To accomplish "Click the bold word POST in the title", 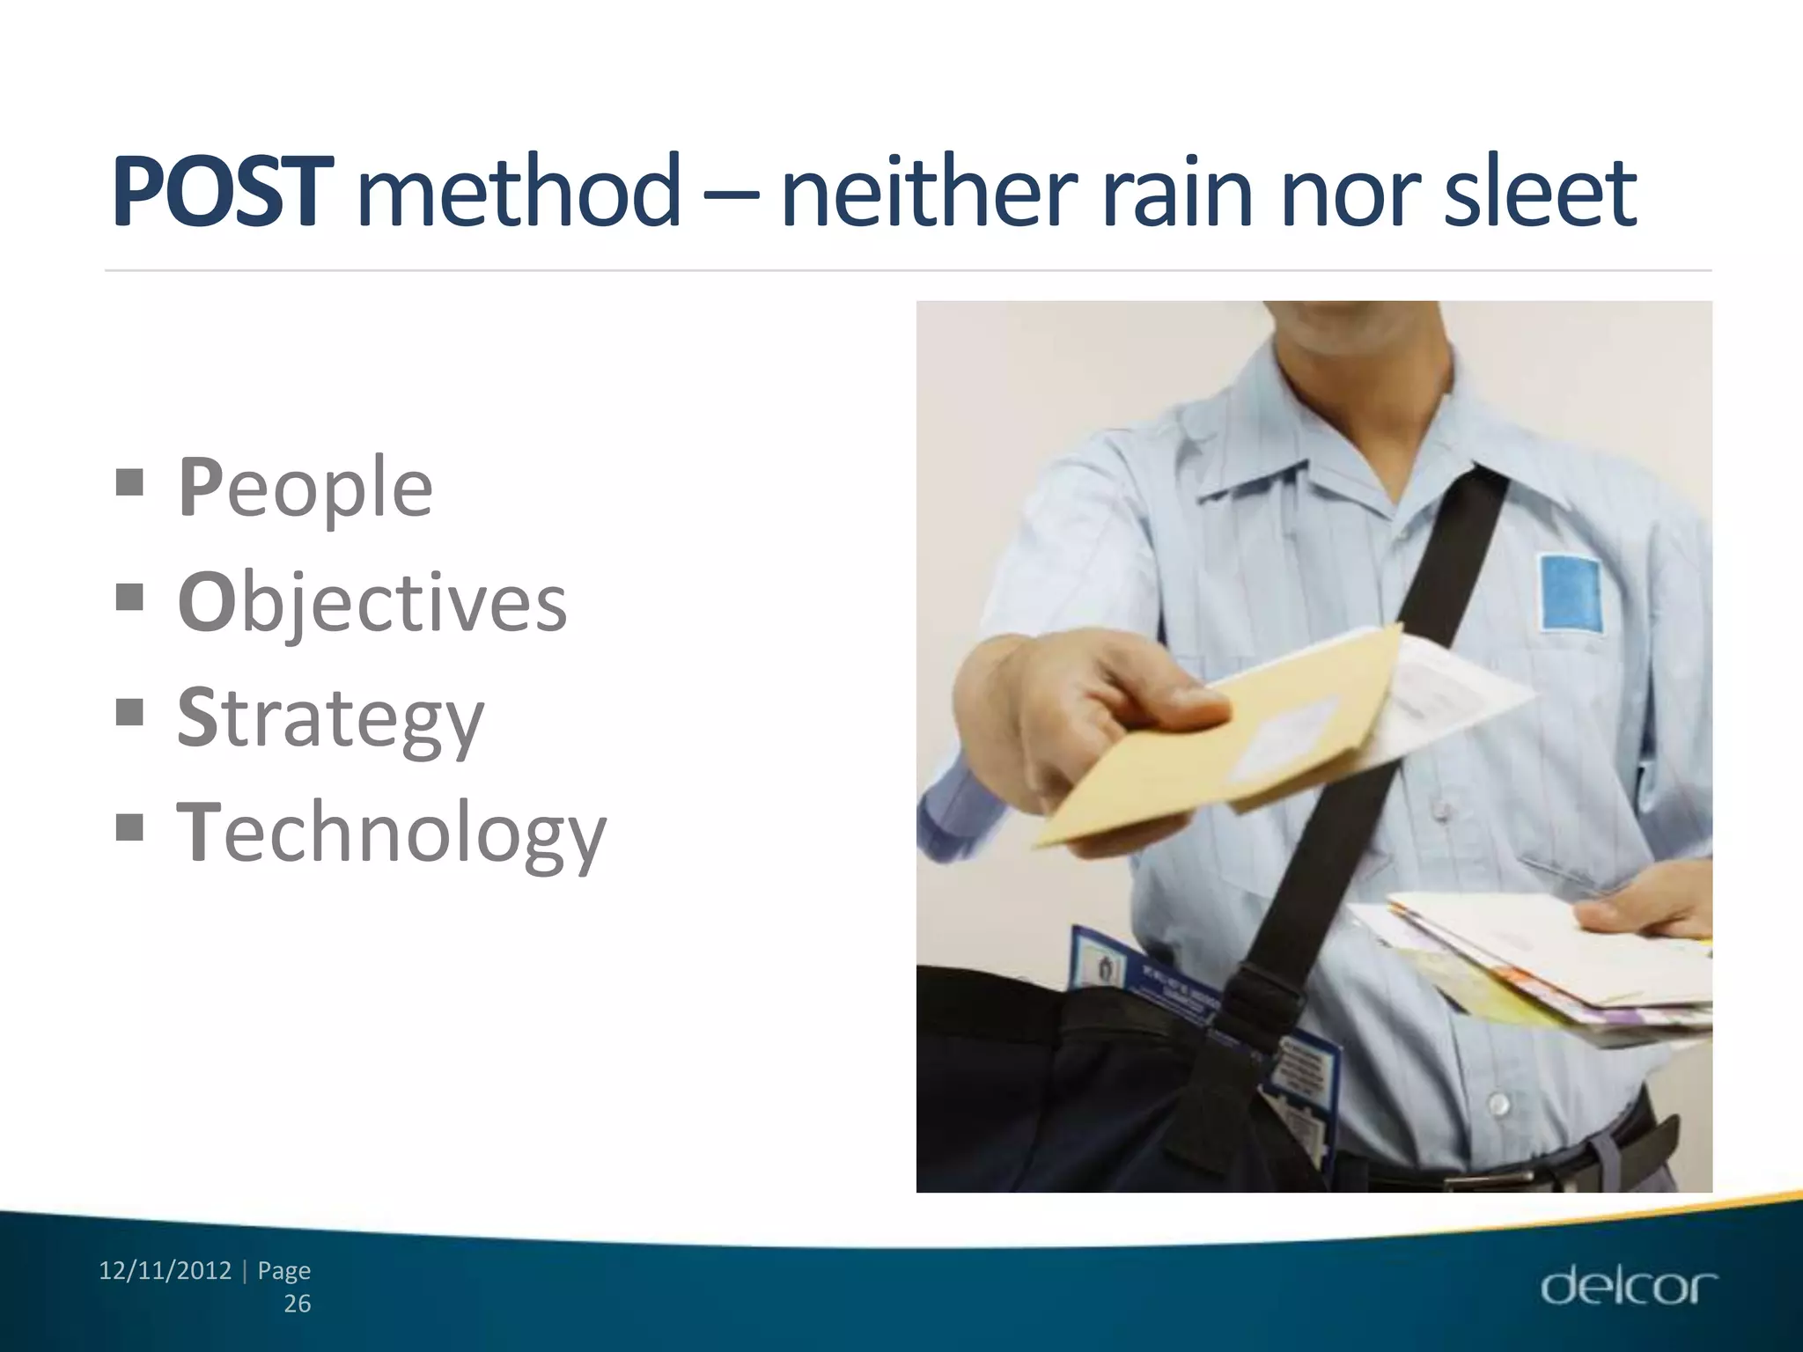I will click(x=223, y=191).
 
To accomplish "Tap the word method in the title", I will click(x=519, y=191).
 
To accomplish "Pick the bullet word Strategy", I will click(x=330, y=718).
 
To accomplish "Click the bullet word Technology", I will click(x=392, y=833).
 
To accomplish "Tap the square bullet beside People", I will click(x=129, y=482).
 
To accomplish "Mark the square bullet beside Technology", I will click(x=129, y=827).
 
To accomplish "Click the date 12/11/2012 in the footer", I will click(x=166, y=1271).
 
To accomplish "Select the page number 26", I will click(x=298, y=1304).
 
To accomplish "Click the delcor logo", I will click(x=1629, y=1287).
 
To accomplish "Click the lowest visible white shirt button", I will click(x=1498, y=1103).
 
